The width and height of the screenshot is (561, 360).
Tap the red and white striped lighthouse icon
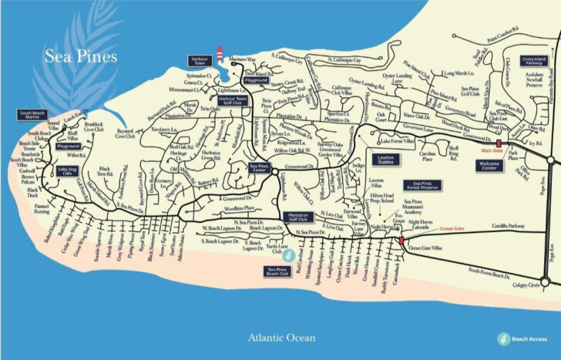coord(220,55)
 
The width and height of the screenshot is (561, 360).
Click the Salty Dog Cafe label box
coord(68,170)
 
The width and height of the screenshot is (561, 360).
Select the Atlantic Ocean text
coord(280,337)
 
